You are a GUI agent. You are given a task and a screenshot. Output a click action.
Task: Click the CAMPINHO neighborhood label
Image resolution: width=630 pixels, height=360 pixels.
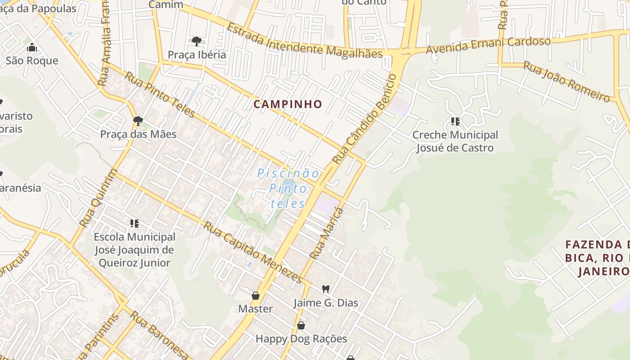click(288, 104)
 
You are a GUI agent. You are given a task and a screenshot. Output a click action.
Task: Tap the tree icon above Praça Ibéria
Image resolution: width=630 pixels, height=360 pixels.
click(196, 41)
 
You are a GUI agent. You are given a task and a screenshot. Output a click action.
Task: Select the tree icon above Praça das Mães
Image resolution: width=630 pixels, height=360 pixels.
click(138, 121)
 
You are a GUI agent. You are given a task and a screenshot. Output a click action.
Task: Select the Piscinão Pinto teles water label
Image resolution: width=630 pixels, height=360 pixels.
click(288, 188)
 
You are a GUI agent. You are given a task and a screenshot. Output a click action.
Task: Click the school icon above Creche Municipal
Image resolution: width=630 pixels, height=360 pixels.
click(455, 121)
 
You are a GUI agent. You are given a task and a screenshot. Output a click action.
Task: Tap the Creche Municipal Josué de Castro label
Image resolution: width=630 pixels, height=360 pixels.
click(455, 141)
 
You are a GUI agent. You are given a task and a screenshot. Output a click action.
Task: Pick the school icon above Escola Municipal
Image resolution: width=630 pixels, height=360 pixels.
click(134, 223)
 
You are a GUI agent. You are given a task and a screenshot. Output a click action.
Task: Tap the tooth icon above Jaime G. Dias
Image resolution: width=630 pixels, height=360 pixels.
click(326, 289)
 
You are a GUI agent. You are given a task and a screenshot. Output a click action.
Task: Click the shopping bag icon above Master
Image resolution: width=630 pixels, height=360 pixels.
click(256, 295)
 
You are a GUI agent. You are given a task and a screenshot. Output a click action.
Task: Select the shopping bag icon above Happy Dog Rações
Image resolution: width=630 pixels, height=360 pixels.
click(301, 325)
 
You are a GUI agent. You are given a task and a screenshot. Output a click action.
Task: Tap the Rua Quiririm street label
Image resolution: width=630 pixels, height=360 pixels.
click(98, 198)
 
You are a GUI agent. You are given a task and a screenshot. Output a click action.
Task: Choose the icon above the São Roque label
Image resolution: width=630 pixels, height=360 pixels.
click(31, 47)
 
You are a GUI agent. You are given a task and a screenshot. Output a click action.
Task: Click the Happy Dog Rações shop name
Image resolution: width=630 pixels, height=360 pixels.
click(301, 339)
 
